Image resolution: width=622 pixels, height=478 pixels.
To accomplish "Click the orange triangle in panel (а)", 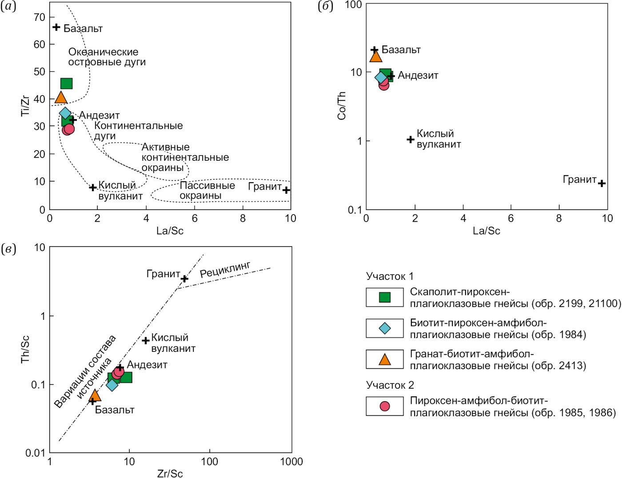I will coord(61,98).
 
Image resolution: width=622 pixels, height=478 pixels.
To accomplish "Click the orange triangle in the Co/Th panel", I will coord(376,56).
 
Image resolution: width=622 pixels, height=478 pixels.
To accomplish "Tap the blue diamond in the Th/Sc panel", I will coord(112,385).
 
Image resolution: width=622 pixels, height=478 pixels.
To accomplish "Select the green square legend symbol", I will coord(385,297).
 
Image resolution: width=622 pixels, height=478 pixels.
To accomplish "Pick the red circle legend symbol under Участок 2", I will coord(385,406).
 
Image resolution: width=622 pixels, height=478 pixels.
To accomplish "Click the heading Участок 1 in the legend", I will coord(390,276).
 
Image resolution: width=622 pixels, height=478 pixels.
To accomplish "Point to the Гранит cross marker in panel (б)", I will coord(602,183).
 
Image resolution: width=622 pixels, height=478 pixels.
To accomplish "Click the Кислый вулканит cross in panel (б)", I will coord(411,139).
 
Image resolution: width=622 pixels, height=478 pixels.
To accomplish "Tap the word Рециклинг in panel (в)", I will coord(225,270).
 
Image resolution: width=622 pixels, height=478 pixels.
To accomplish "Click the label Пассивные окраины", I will coord(207,190).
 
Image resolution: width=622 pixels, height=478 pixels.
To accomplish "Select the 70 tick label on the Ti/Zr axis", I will coord(40,17).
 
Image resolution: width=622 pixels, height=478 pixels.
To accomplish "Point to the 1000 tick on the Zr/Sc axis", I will coord(291,462).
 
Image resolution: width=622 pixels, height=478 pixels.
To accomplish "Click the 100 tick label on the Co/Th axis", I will coord(354,5).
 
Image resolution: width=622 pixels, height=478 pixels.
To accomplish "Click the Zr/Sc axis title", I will coord(170,474).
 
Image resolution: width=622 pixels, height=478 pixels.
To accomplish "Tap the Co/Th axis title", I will coord(341,106).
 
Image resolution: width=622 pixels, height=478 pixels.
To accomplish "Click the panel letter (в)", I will coord(8,249).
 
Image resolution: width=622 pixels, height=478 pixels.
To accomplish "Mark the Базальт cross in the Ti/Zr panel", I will coord(56,28).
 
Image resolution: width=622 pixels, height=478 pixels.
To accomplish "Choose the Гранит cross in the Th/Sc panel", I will coord(184,279).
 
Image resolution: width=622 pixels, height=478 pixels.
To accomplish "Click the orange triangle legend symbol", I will coord(385,359).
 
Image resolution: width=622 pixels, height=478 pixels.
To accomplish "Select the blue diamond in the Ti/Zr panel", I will coord(65,113).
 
